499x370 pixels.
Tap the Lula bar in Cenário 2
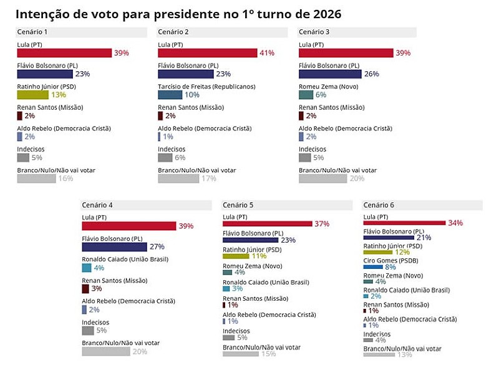(207, 53)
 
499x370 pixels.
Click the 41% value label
(267, 53)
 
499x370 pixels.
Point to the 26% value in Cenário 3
(371, 74)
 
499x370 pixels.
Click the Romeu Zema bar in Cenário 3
(306, 95)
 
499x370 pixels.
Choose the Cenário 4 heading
(97, 205)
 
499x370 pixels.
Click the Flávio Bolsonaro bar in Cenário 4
(114, 246)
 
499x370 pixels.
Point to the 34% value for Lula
(455, 223)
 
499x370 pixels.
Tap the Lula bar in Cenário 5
(267, 223)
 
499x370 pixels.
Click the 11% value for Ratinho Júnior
(259, 256)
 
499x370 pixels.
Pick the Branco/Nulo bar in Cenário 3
(322, 178)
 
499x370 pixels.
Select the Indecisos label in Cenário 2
(172, 149)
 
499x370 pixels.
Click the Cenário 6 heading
(379, 205)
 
